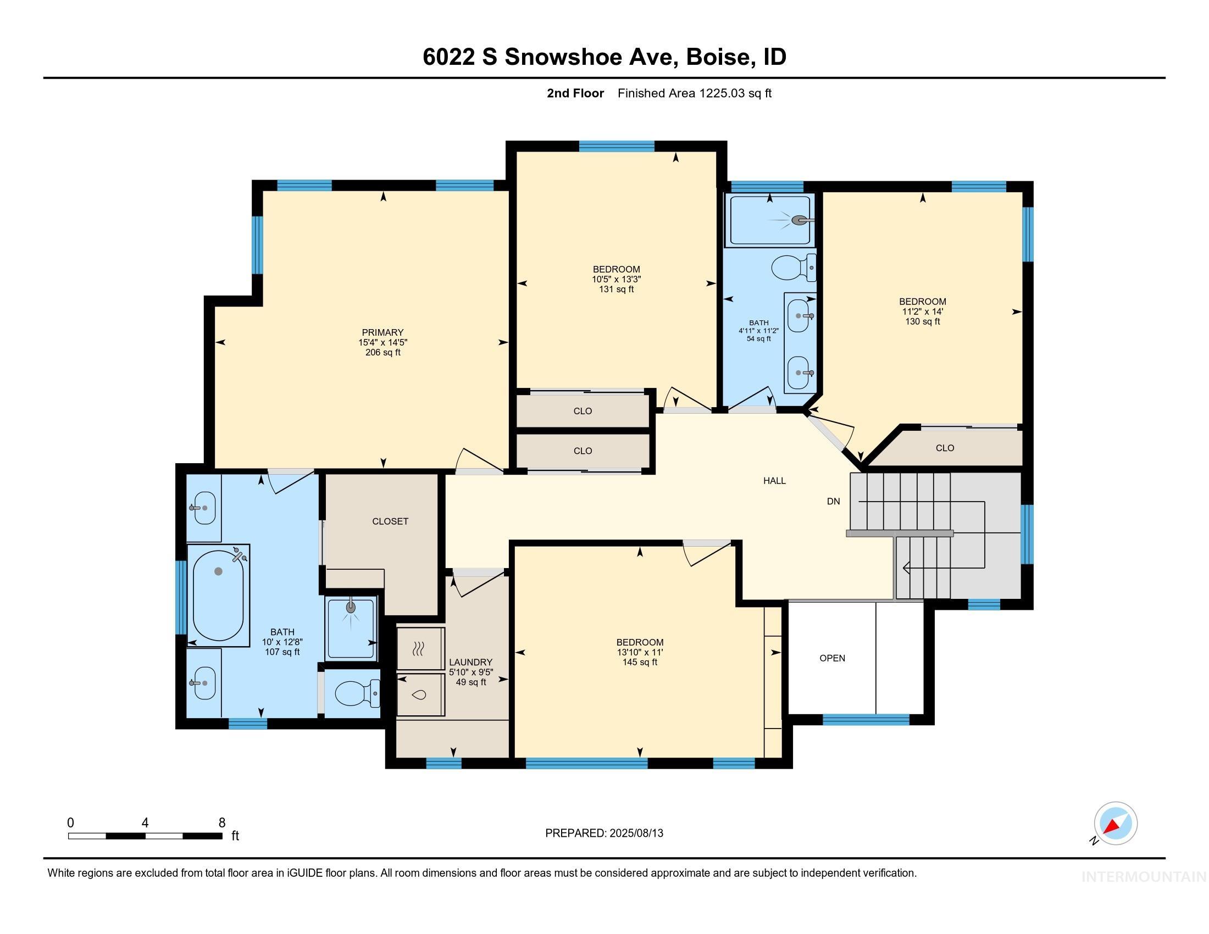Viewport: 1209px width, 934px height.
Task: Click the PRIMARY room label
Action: point(382,332)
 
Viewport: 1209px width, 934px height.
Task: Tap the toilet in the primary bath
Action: point(355,693)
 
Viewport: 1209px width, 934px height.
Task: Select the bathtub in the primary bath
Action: point(218,594)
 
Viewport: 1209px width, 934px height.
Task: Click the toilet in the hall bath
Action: point(791,268)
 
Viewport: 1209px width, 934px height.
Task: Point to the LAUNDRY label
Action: point(470,663)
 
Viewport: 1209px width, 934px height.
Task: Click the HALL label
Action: point(774,481)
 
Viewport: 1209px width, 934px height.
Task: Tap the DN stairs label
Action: point(833,501)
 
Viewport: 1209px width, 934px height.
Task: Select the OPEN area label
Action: point(832,658)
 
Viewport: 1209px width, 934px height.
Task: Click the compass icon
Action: point(1115,823)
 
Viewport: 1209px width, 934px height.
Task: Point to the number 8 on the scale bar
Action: point(222,822)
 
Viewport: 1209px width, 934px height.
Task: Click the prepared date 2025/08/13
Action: point(635,833)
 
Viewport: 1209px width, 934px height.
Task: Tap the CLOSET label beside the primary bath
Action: point(390,521)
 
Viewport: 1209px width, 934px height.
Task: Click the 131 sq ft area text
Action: point(616,290)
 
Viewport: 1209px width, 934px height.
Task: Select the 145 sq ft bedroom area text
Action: point(640,663)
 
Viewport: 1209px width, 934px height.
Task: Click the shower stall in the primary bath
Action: point(351,628)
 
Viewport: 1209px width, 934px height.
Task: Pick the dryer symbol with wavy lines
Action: point(421,648)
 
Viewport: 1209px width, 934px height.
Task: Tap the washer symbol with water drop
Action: point(421,694)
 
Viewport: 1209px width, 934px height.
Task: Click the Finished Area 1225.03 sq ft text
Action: point(694,93)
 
